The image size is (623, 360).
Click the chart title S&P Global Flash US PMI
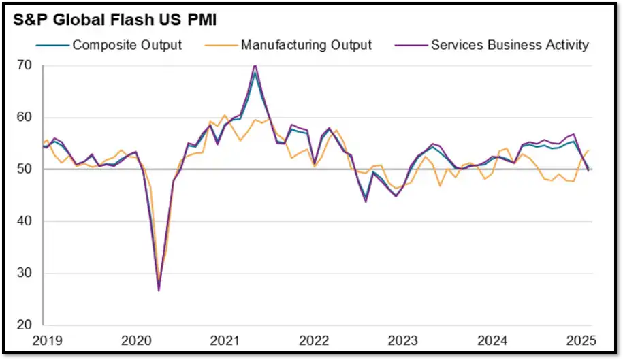(x=115, y=20)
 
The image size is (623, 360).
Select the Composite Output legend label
(x=127, y=45)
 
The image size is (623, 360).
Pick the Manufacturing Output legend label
(x=306, y=45)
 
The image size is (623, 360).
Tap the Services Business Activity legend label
(x=510, y=45)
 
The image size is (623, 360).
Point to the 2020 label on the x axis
(x=136, y=340)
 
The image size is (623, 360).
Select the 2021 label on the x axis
(x=225, y=340)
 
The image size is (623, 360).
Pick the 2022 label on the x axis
(x=315, y=340)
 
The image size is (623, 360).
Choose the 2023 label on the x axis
(x=403, y=340)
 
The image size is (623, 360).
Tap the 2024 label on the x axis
(x=493, y=340)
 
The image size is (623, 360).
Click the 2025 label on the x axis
(x=583, y=340)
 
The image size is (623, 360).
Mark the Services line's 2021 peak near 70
(x=255, y=65)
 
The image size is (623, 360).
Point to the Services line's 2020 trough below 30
(x=159, y=291)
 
